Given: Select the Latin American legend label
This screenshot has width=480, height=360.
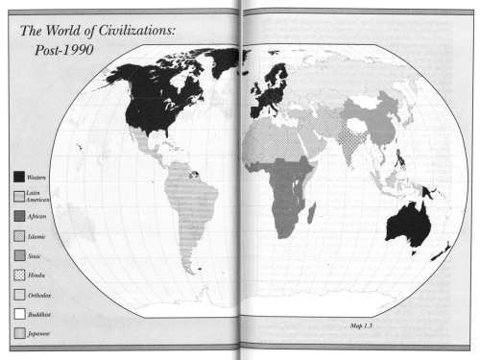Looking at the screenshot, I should tap(39, 196).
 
